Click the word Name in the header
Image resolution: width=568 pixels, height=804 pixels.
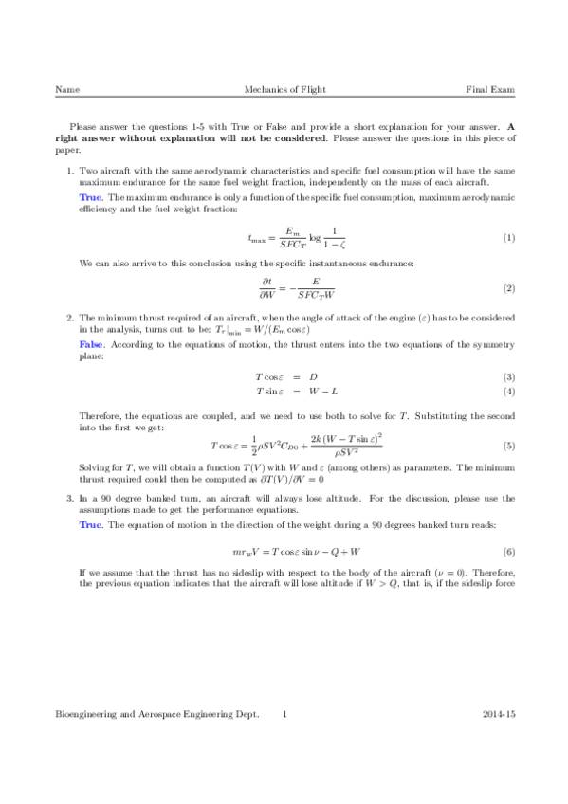click(67, 89)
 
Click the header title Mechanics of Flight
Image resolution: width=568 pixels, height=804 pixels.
click(284, 89)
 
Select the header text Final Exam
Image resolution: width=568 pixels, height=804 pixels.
click(489, 89)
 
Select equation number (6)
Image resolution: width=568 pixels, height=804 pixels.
click(508, 551)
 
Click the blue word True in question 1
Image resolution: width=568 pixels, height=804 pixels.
click(90, 196)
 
